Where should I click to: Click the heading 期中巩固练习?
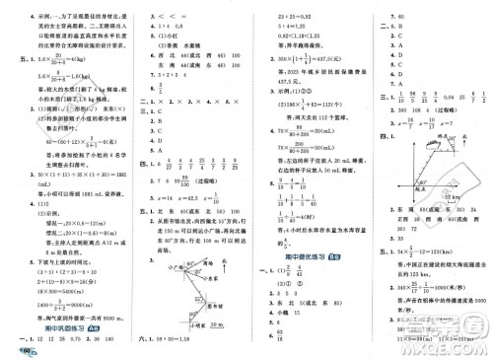58,333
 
